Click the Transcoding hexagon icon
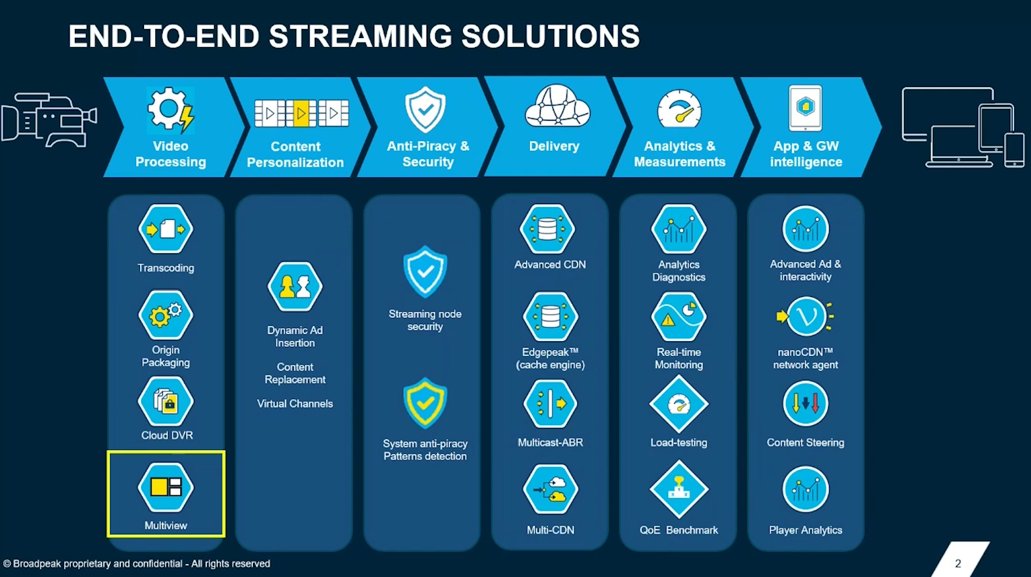click(166, 229)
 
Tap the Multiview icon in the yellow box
click(166, 487)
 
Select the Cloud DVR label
click(167, 435)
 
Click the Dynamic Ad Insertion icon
click(295, 286)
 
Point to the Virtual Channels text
click(295, 404)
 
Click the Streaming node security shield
click(425, 271)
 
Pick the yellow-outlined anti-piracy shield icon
click(425, 402)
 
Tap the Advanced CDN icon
click(548, 229)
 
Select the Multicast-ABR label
click(550, 443)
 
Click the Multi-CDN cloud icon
click(550, 489)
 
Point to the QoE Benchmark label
click(679, 530)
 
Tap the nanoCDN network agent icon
click(805, 316)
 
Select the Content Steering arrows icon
click(805, 404)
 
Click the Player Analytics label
click(805, 530)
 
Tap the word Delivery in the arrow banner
click(554, 146)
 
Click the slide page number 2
click(958, 563)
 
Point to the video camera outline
click(49, 119)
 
